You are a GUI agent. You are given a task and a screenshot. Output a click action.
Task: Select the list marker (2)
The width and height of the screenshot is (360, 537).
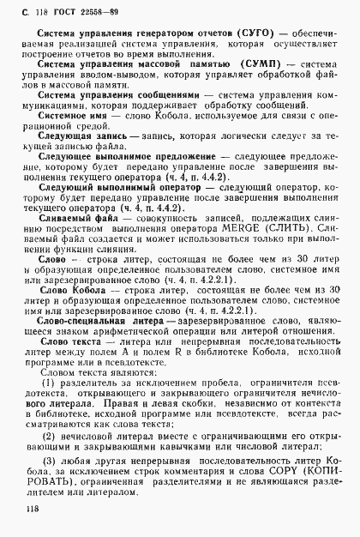(50, 422)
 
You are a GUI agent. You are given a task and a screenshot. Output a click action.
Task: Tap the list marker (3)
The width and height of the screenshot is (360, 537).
(50, 449)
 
